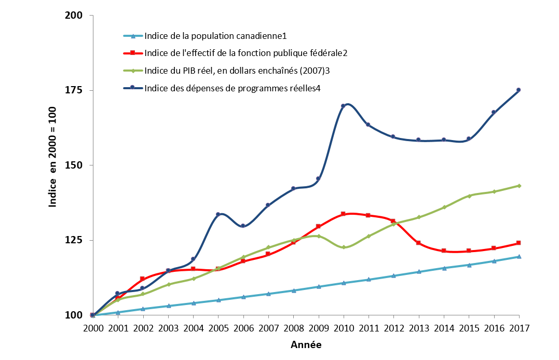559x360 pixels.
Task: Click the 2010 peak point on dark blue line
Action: (344, 106)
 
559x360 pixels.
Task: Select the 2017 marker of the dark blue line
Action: (519, 90)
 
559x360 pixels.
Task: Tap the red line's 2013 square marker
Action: (419, 243)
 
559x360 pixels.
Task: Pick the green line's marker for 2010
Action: (344, 247)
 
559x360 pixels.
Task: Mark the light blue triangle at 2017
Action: (519, 256)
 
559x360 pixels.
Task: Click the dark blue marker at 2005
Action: (218, 214)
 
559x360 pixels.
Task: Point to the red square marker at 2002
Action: (143, 279)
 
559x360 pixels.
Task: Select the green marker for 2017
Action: (519, 186)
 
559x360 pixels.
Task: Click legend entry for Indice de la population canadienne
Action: (215, 36)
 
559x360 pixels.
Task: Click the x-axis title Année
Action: (306, 344)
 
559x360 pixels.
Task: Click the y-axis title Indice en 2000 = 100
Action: (53, 165)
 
